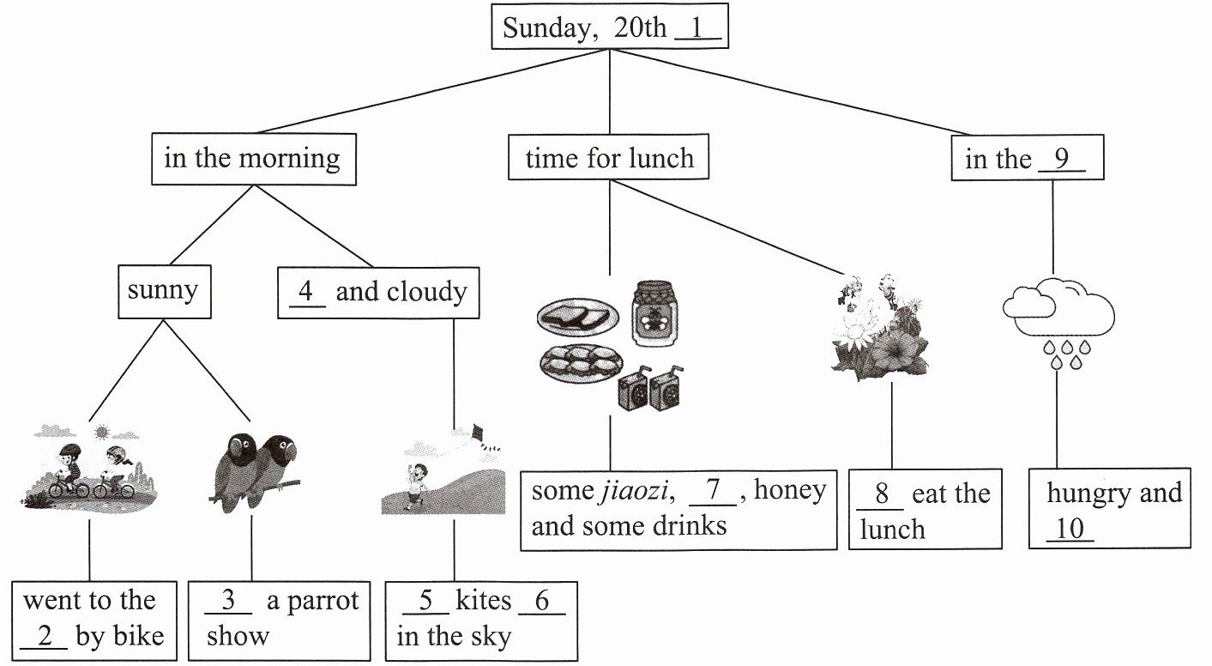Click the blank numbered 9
pos(1061,160)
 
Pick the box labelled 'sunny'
pos(163,290)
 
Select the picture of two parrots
pos(254,469)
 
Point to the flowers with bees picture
pos(878,328)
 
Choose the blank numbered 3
pos(228,601)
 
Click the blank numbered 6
pos(541,601)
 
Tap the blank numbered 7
pos(712,491)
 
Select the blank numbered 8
pos(881,494)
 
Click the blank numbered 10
pos(1070,530)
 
